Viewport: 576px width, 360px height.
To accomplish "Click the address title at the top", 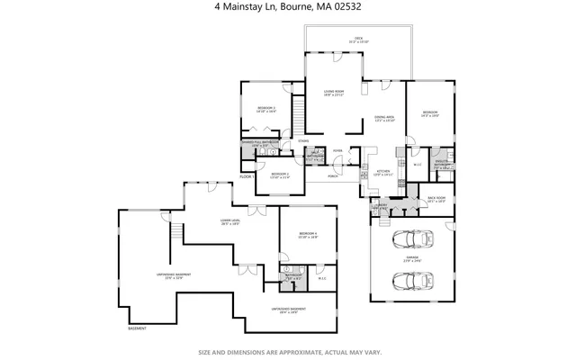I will click(x=288, y=8).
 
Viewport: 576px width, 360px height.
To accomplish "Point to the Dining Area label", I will click(x=385, y=119).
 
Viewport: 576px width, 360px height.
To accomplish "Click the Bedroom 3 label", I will click(x=265, y=109).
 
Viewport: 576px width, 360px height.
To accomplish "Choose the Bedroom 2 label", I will click(x=280, y=175).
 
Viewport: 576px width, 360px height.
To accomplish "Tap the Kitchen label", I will click(x=382, y=172).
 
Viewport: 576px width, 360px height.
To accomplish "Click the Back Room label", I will click(x=436, y=200).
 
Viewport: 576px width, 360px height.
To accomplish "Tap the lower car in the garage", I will click(x=415, y=281).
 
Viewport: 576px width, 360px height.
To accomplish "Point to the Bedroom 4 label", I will click(x=308, y=236).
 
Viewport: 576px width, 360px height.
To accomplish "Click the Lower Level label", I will click(x=229, y=221).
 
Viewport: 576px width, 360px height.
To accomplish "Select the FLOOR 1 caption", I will click(x=245, y=177).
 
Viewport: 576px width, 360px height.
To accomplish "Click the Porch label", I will click(x=332, y=175).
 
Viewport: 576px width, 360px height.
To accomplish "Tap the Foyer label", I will click(x=337, y=150).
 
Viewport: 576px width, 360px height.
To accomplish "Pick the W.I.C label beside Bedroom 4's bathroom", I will click(x=321, y=277).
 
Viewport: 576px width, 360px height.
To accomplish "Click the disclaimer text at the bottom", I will click(x=288, y=351).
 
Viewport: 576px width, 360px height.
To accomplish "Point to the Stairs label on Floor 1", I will click(x=303, y=141).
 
